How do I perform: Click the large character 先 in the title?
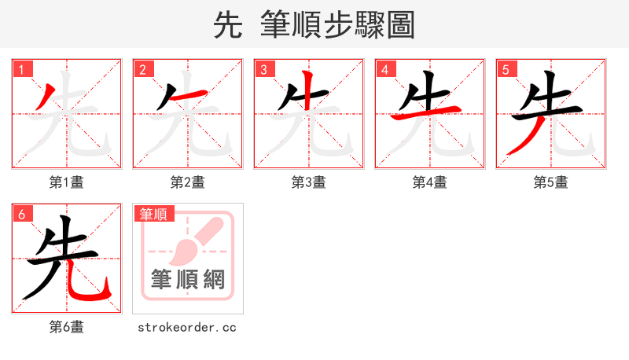227,25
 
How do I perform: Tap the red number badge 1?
21,69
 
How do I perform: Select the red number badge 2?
142,69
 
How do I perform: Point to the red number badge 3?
263,69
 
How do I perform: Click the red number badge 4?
384,69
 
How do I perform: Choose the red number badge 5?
506,69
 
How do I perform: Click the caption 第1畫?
67,182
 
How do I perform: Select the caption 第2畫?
188,182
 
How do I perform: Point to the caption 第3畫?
309,182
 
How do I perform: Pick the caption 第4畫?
430,182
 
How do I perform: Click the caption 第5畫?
551,182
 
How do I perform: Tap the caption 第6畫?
67,327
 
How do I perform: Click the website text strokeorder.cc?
187,327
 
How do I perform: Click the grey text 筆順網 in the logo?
188,280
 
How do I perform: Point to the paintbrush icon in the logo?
193,242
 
